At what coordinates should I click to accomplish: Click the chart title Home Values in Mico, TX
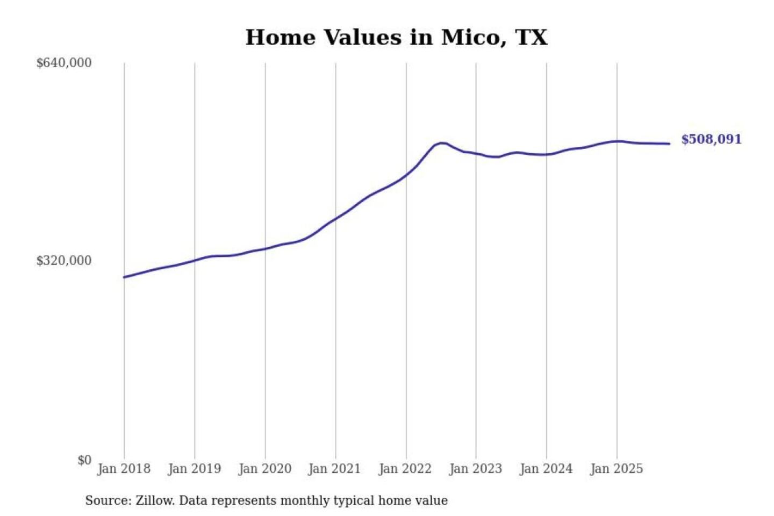pos(396,38)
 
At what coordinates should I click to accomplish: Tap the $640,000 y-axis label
pos(64,63)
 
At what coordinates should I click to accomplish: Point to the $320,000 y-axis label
pos(64,261)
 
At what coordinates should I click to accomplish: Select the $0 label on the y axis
pos(84,460)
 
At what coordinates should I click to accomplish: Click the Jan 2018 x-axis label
pos(124,469)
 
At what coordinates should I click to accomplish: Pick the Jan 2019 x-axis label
pos(194,469)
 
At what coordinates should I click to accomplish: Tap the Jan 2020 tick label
pos(264,469)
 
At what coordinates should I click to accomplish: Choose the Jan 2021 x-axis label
pos(334,469)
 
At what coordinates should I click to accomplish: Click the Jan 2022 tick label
pos(405,469)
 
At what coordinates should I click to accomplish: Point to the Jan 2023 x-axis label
pos(475,469)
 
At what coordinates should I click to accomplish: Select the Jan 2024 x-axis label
pos(546,469)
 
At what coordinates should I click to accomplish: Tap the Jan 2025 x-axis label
pos(616,469)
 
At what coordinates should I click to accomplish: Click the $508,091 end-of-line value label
pos(711,139)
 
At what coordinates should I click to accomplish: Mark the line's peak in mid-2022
pos(441,143)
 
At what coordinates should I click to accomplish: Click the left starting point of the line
pos(124,277)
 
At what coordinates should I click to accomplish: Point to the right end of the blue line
pos(669,144)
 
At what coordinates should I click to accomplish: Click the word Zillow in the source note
pos(154,501)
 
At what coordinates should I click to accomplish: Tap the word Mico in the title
pos(470,38)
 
